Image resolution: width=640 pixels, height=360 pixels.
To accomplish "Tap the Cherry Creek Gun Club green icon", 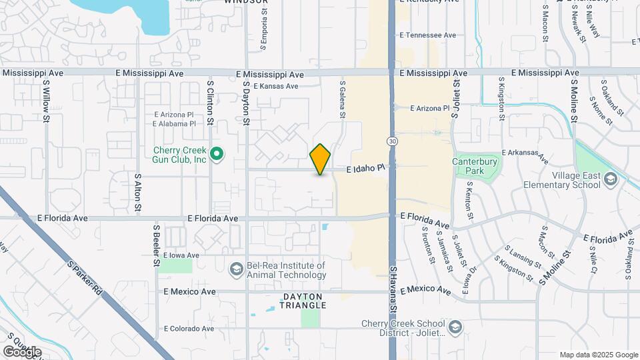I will pyautogui.click(x=217, y=155).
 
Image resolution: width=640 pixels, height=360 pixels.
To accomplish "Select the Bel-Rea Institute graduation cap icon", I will pyautogui.click(x=235, y=269).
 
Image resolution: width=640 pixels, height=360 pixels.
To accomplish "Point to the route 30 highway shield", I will pyautogui.click(x=392, y=141).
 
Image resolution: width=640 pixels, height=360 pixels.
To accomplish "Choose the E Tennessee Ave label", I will pyautogui.click(x=427, y=35).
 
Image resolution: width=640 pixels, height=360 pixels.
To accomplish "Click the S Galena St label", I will pyautogui.click(x=343, y=101).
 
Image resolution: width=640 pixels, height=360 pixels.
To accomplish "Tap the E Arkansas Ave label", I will pyautogui.click(x=525, y=157).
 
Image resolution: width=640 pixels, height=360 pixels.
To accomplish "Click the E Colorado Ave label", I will pyautogui.click(x=189, y=328).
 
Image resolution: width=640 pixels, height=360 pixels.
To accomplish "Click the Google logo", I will pyautogui.click(x=22, y=351).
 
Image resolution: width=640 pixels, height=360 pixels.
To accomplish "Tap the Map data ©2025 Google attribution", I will pyautogui.click(x=599, y=355).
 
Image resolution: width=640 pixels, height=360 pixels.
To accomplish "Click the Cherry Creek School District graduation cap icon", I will pyautogui.click(x=455, y=327).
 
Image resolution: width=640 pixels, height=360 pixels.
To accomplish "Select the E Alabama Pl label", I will pyautogui.click(x=175, y=123).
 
